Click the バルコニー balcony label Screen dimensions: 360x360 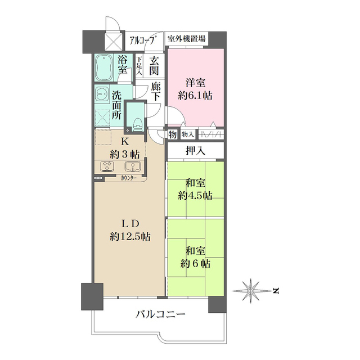(x=160, y=314)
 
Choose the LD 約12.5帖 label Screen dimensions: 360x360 (x=129, y=229)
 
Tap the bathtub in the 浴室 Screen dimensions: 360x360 (x=105, y=67)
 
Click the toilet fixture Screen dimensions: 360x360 (x=135, y=115)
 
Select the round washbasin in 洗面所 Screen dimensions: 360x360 (x=102, y=94)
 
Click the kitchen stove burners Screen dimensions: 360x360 (x=107, y=166)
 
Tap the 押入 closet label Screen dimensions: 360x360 (x=195, y=150)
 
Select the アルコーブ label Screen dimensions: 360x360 (x=142, y=40)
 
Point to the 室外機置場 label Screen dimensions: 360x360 (x=187, y=40)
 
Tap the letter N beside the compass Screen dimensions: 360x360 (x=277, y=291)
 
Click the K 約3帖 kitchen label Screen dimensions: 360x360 (x=124, y=147)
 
